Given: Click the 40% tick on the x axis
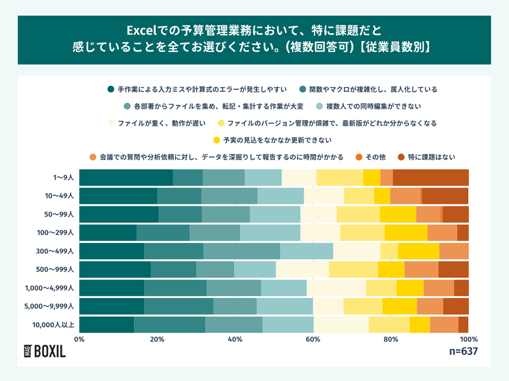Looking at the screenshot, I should coord(235,339).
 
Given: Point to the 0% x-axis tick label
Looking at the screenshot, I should coord(80,339).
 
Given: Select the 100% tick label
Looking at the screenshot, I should coord(468,339).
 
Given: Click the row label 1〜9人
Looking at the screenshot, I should coord(63,178).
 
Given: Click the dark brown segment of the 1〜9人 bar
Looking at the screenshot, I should coord(431,178).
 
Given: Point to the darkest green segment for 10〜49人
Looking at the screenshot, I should coord(118,196).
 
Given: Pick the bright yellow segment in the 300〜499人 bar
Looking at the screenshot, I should coord(418,251).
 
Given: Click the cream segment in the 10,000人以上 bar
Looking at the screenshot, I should coord(341,324).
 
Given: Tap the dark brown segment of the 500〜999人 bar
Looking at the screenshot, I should coord(453,269).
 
